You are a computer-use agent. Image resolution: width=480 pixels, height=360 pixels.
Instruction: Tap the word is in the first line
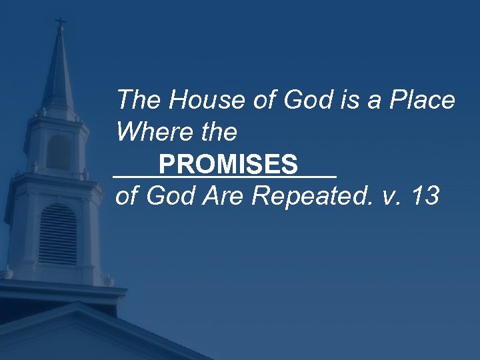[356, 101]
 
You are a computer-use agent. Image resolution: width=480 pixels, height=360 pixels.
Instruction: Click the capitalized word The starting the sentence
[139, 101]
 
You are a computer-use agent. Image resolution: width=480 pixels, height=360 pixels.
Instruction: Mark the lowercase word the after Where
[217, 132]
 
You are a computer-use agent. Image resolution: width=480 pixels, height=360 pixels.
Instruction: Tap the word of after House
[266, 101]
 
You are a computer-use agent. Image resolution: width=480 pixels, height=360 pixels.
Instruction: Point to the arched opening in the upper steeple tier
[59, 151]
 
